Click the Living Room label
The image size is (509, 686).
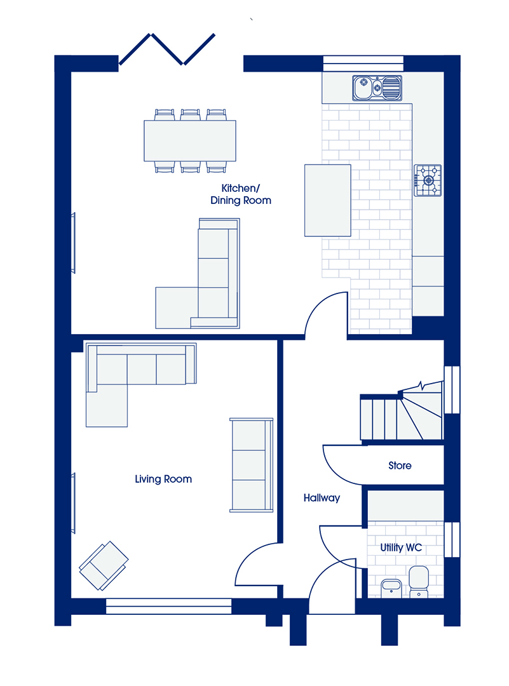click(163, 479)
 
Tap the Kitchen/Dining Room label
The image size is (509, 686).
click(241, 194)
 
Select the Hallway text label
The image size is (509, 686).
click(322, 498)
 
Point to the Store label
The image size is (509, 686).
click(400, 466)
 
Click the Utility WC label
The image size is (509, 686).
click(401, 548)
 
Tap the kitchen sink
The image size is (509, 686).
click(377, 88)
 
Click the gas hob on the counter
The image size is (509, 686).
click(428, 180)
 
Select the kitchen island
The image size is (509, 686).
click(328, 200)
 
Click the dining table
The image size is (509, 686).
click(190, 141)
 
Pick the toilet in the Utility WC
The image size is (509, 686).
click(419, 581)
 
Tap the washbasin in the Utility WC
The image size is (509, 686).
click(391, 588)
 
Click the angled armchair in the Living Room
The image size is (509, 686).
click(104, 566)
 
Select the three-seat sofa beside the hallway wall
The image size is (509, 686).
click(252, 465)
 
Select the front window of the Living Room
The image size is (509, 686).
click(169, 607)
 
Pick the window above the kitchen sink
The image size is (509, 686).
click(363, 63)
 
